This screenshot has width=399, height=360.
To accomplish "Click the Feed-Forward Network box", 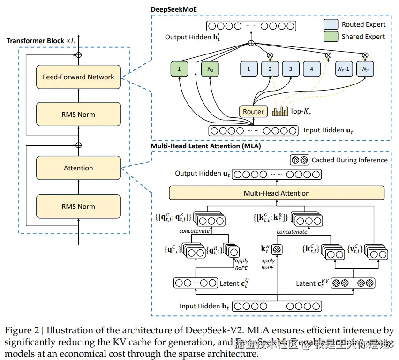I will coord(78,77).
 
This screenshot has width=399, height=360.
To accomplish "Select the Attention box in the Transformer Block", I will coord(78,168).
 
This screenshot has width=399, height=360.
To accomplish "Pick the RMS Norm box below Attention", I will coord(78,207).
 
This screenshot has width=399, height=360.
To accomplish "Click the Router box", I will coord(253,112).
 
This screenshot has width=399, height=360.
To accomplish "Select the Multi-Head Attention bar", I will coord(277,193).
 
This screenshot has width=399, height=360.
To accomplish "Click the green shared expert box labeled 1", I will coord(179,70).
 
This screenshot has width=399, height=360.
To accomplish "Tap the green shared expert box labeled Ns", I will coord(209,70).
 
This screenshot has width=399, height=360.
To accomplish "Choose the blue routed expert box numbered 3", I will coord(290,70).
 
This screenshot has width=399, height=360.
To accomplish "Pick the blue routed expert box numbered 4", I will coord(311,70).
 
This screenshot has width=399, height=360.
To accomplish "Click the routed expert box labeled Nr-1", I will coord(343,70).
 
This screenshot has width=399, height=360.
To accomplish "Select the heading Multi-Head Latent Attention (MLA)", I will coord(206,146).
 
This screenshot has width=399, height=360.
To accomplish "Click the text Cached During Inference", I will coord(349,160).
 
